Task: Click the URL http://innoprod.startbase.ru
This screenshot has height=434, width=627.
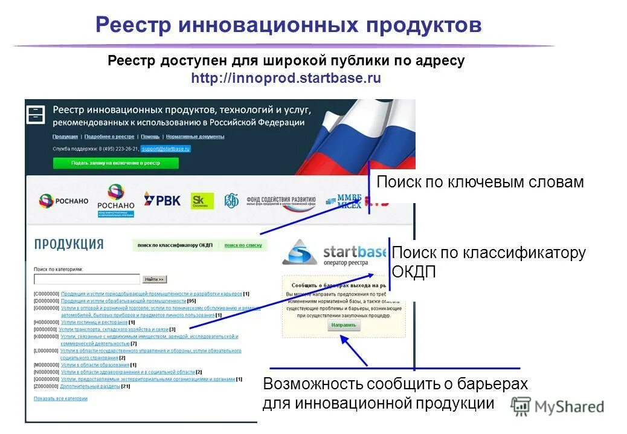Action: [x=286, y=79]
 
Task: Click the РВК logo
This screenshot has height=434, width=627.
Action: [x=162, y=200]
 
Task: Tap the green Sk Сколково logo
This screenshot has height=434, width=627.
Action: [x=202, y=201]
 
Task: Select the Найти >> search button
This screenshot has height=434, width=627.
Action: [x=154, y=279]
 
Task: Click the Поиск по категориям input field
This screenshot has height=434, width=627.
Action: [x=87, y=279]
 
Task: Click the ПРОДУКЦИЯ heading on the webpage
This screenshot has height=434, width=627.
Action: [x=68, y=244]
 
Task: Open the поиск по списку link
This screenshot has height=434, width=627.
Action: [x=243, y=245]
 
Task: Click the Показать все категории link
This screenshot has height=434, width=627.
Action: [x=60, y=398]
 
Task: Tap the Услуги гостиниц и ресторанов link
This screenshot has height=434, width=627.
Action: [x=94, y=322]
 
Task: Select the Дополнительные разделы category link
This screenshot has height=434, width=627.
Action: [x=90, y=386]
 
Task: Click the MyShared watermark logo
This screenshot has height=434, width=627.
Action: [x=557, y=406]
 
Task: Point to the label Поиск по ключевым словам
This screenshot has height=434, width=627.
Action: [x=480, y=182]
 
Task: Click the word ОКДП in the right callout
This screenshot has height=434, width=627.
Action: [x=414, y=272]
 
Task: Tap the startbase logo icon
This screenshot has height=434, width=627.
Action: [x=300, y=252]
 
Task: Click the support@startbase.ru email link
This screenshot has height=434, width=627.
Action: [x=166, y=148]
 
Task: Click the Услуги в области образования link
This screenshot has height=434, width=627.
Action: [x=95, y=365]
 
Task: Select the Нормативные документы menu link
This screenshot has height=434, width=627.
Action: [x=195, y=137]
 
